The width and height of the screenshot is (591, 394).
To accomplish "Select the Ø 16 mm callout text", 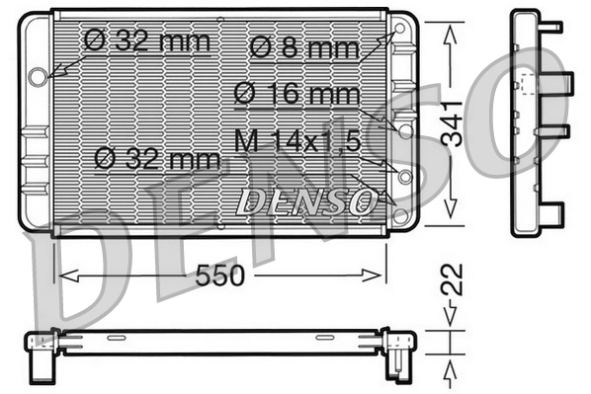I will coord(296,94).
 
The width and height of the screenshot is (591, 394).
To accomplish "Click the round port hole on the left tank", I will coord(38,75).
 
